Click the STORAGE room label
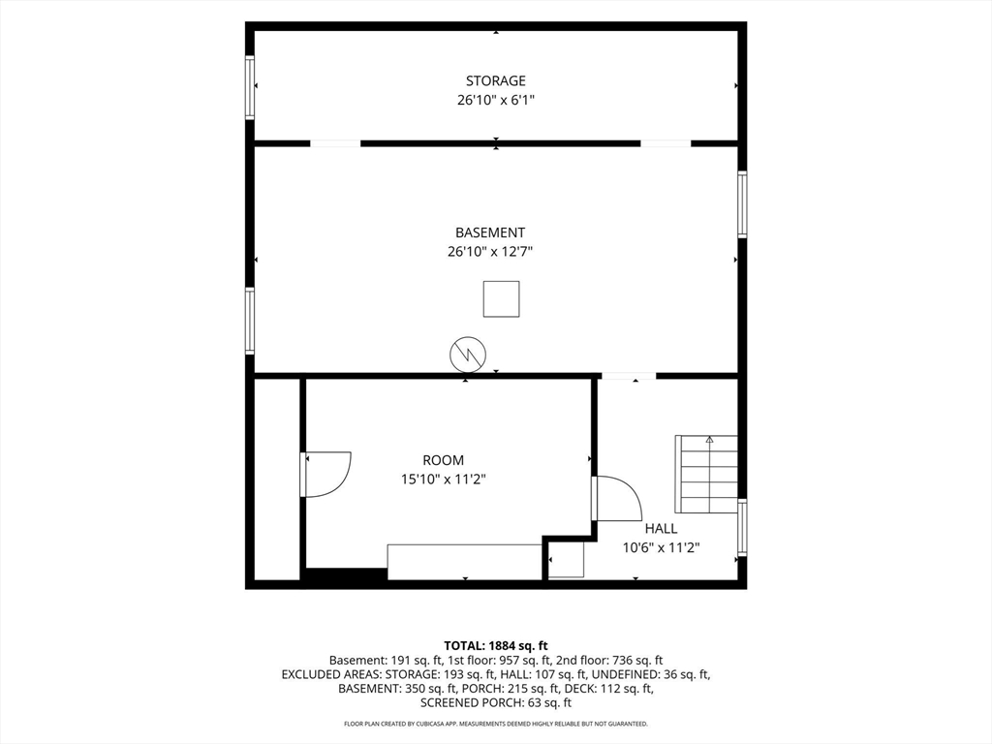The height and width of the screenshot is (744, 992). coord(495,81)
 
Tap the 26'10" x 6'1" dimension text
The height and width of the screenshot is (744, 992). coord(496,100)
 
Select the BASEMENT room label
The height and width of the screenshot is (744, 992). coord(489,232)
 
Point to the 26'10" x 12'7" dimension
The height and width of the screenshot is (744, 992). coord(489,252)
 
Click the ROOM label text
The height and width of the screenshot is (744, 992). coord(443,460)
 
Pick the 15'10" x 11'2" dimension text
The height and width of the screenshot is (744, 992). coord(443,480)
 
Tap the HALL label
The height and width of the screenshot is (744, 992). coord(661,529)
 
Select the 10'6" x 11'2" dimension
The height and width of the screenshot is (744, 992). coord(661,548)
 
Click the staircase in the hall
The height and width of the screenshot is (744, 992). coord(706,475)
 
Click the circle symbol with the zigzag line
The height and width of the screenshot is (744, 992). coord(468,355)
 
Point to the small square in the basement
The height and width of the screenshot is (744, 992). coord(501,298)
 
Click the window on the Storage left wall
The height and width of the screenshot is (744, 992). coord(250,87)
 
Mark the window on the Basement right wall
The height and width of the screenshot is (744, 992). coord(742,204)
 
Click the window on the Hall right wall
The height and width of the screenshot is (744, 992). coord(742,528)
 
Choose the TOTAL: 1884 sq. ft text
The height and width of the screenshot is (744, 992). coord(496,646)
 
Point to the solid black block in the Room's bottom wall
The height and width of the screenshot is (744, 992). coord(346,574)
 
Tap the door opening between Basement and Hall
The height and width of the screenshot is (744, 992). coord(628,377)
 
